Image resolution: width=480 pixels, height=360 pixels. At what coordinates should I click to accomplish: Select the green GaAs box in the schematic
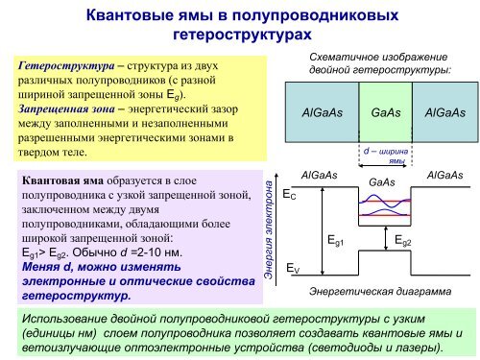(385, 112)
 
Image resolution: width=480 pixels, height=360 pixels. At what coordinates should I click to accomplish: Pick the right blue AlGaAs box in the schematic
(444, 112)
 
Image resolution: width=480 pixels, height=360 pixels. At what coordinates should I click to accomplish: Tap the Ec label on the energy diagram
(289, 195)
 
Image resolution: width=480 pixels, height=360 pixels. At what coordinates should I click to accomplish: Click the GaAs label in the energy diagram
(382, 181)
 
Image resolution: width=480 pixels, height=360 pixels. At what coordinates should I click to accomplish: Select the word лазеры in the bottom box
(414, 345)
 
